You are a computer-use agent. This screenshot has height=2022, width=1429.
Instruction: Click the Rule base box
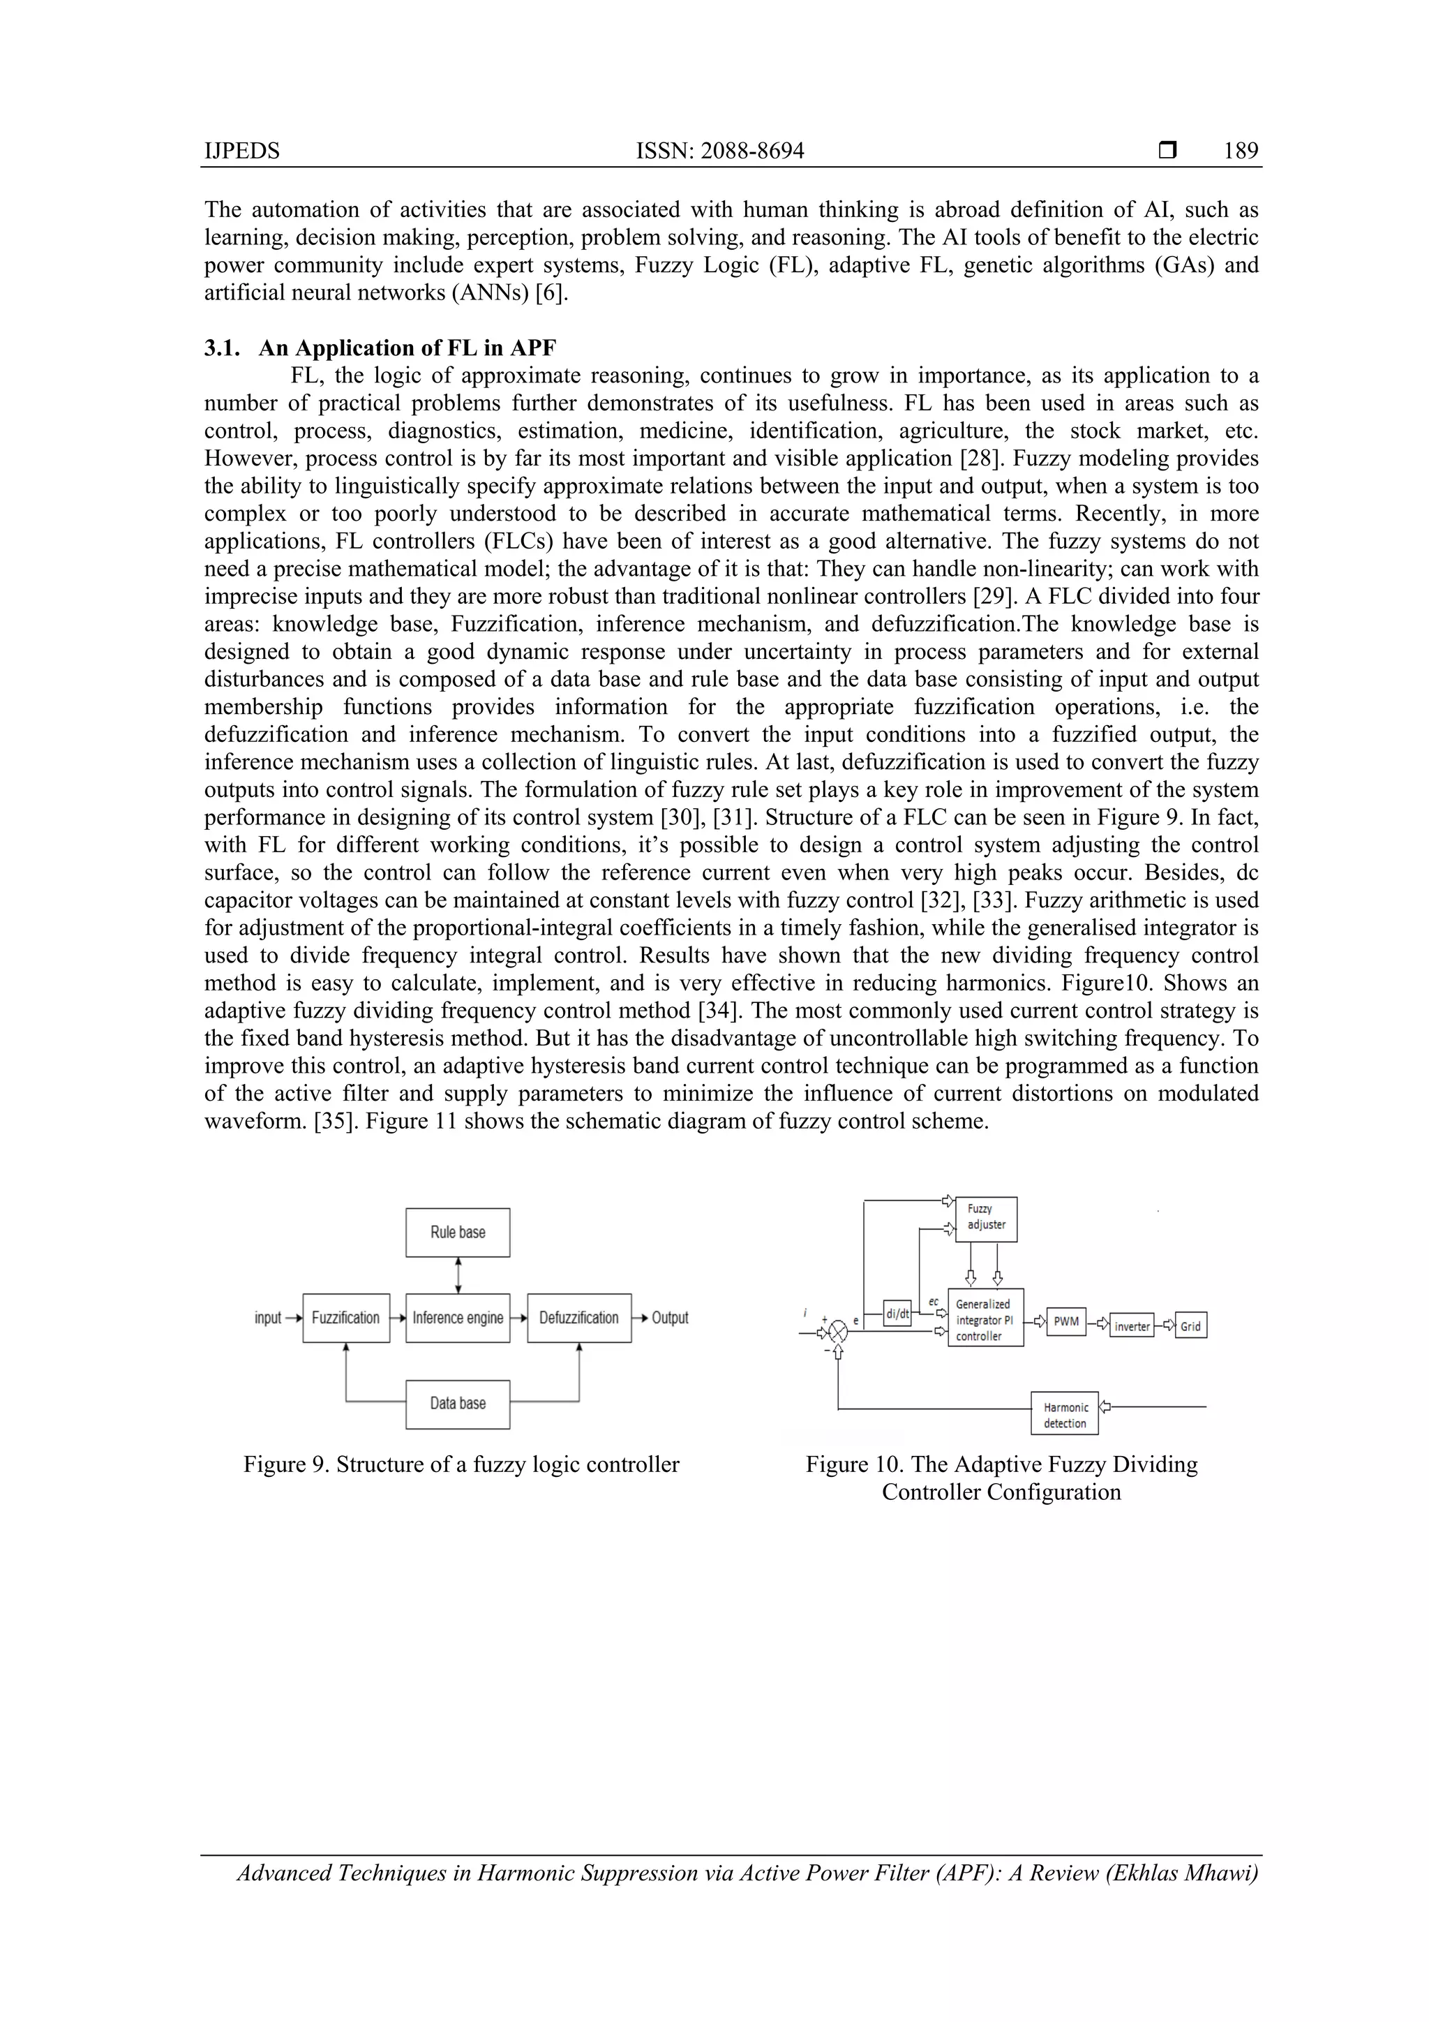tap(457, 1232)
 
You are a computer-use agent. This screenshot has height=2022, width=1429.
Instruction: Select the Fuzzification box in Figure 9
tap(346, 1318)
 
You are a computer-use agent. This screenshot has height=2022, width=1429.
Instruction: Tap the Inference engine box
tap(457, 1318)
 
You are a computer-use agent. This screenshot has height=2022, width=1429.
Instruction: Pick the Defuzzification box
tap(578, 1318)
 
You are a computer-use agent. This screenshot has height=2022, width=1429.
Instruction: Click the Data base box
tap(457, 1403)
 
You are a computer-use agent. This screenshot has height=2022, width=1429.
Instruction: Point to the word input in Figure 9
tap(268, 1318)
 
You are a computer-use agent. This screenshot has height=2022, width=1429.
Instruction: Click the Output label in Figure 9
tap(669, 1318)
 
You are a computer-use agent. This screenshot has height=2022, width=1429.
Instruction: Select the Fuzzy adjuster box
tap(986, 1219)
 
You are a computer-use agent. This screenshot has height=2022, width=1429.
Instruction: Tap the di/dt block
tap(897, 1314)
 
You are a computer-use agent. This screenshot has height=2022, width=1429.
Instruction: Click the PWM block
tap(1066, 1321)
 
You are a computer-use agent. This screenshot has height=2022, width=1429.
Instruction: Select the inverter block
tap(1131, 1326)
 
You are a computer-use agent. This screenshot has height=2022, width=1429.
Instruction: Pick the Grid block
tap(1190, 1326)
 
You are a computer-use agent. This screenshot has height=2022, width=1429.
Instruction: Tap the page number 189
tap(1240, 151)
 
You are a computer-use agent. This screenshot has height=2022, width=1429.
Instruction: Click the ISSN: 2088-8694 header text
tap(719, 151)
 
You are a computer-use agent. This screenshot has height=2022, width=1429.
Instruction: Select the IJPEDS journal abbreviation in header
tap(241, 151)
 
